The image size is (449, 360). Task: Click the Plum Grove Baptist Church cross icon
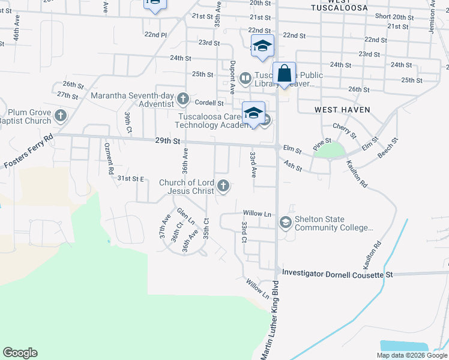coord(60,115)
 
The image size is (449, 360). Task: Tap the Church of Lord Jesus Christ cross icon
coord(223,186)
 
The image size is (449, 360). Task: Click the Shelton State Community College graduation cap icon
coord(285,223)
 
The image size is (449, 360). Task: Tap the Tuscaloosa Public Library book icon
coord(245,79)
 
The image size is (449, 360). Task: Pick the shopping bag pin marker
coord(285,74)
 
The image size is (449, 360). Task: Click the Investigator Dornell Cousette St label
coord(337,274)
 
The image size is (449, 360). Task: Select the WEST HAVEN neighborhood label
coord(342,110)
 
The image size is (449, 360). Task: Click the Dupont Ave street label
coord(232,77)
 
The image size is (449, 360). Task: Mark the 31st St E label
coord(131,179)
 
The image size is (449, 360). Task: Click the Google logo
coord(20,353)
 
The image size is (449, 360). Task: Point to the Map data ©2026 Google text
coord(411,355)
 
